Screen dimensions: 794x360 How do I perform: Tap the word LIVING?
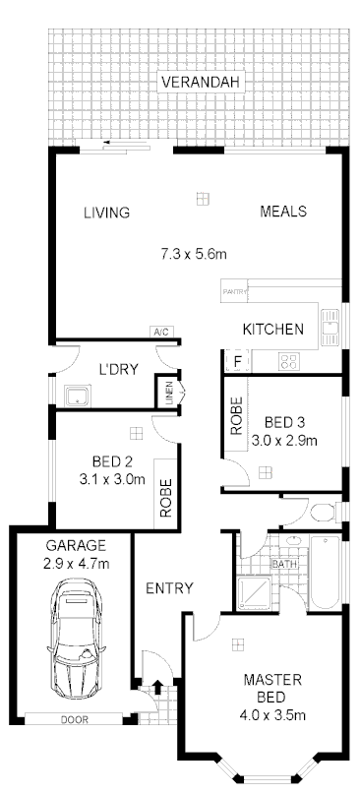click(x=107, y=212)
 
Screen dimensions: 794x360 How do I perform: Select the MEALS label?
click(x=283, y=212)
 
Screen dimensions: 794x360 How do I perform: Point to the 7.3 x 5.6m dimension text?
click(x=195, y=254)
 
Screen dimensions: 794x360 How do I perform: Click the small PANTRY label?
click(x=234, y=291)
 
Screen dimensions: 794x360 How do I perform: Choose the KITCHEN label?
click(x=273, y=330)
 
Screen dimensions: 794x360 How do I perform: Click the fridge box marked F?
click(x=237, y=361)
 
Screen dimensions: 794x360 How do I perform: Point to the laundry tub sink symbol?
click(x=77, y=397)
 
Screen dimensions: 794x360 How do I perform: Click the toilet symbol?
click(x=320, y=512)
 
